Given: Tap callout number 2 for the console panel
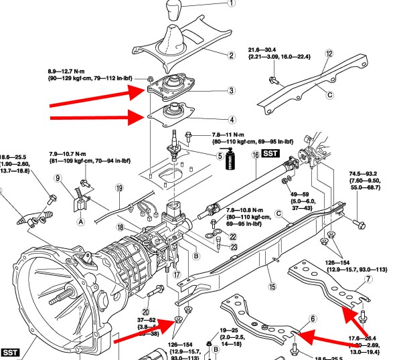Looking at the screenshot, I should click(x=231, y=55).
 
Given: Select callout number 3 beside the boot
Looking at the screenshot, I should click(x=231, y=90).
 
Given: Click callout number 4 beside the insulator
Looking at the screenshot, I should click(x=231, y=120).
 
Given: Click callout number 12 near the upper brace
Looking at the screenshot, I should click(x=329, y=53).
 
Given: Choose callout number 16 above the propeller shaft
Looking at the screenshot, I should click(x=256, y=155).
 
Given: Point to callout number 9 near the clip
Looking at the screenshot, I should click(x=59, y=178).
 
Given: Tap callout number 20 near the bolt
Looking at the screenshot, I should click(x=146, y=292).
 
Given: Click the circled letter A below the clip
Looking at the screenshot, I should click(x=80, y=221).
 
